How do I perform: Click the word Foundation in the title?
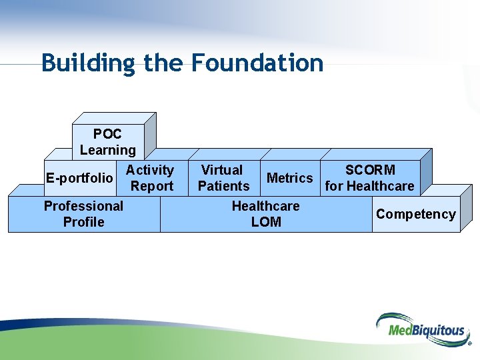pyautogui.click(x=257, y=63)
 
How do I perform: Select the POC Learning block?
pyautogui.click(x=107, y=142)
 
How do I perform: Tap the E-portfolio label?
pyautogui.click(x=79, y=178)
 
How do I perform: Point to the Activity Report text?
pyautogui.click(x=151, y=178)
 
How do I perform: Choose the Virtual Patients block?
pyautogui.click(x=223, y=178)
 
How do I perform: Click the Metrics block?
pyautogui.click(x=289, y=178)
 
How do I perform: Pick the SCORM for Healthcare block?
pyautogui.click(x=369, y=178)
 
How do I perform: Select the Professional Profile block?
pyautogui.click(x=83, y=214)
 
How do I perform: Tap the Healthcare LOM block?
pyautogui.click(x=265, y=214)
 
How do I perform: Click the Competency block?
pyautogui.click(x=415, y=214)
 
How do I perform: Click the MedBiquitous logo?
pyautogui.click(x=420, y=329)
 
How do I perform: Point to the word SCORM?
pyautogui.click(x=370, y=170)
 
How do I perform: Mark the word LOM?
pyautogui.click(x=266, y=222)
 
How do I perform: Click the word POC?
pyautogui.click(x=107, y=134)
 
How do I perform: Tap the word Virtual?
pyautogui.click(x=222, y=170)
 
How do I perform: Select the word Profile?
pyautogui.click(x=83, y=222)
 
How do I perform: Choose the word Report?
pyautogui.click(x=152, y=186)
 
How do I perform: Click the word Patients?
pyautogui.click(x=224, y=186)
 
